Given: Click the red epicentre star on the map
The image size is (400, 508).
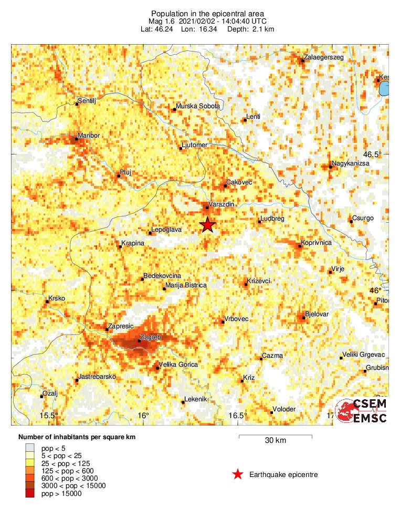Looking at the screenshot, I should [x=208, y=225].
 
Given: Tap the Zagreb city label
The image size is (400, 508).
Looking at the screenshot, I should [x=151, y=337].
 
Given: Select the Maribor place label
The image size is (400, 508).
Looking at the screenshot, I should [x=88, y=136].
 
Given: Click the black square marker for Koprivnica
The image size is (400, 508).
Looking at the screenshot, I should [x=298, y=244].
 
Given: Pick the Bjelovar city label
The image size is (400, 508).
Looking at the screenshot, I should [x=317, y=314].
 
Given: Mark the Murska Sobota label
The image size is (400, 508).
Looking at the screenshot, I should [x=198, y=106].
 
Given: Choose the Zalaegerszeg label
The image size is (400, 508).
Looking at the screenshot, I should [x=324, y=57].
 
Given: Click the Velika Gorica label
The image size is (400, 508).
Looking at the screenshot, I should [x=178, y=365].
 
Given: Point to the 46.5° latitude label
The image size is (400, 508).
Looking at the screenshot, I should [x=373, y=154].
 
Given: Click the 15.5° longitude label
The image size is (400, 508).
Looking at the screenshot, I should [x=49, y=416].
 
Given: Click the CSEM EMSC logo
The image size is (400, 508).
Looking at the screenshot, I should [x=362, y=411].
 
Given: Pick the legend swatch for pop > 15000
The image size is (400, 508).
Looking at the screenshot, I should [x=29, y=493].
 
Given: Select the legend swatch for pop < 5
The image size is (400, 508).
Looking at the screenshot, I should [x=29, y=447].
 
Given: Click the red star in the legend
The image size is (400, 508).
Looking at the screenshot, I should [x=238, y=475].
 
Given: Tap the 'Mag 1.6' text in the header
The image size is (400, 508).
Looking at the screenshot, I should [x=162, y=21].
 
